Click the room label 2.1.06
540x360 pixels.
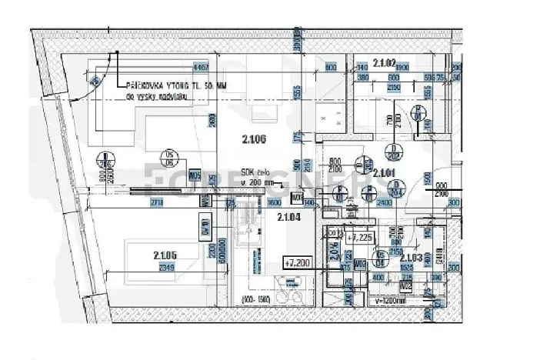(253, 139)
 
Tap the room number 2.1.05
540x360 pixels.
(165, 255)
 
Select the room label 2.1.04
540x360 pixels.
(288, 217)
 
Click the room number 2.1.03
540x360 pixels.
(412, 257)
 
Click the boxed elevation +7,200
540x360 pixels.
(297, 263)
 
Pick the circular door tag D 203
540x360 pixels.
(364, 165)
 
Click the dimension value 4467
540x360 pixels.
(202, 68)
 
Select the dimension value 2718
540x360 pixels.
(157, 202)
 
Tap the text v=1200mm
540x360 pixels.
(387, 300)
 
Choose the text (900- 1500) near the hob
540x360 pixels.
(255, 298)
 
